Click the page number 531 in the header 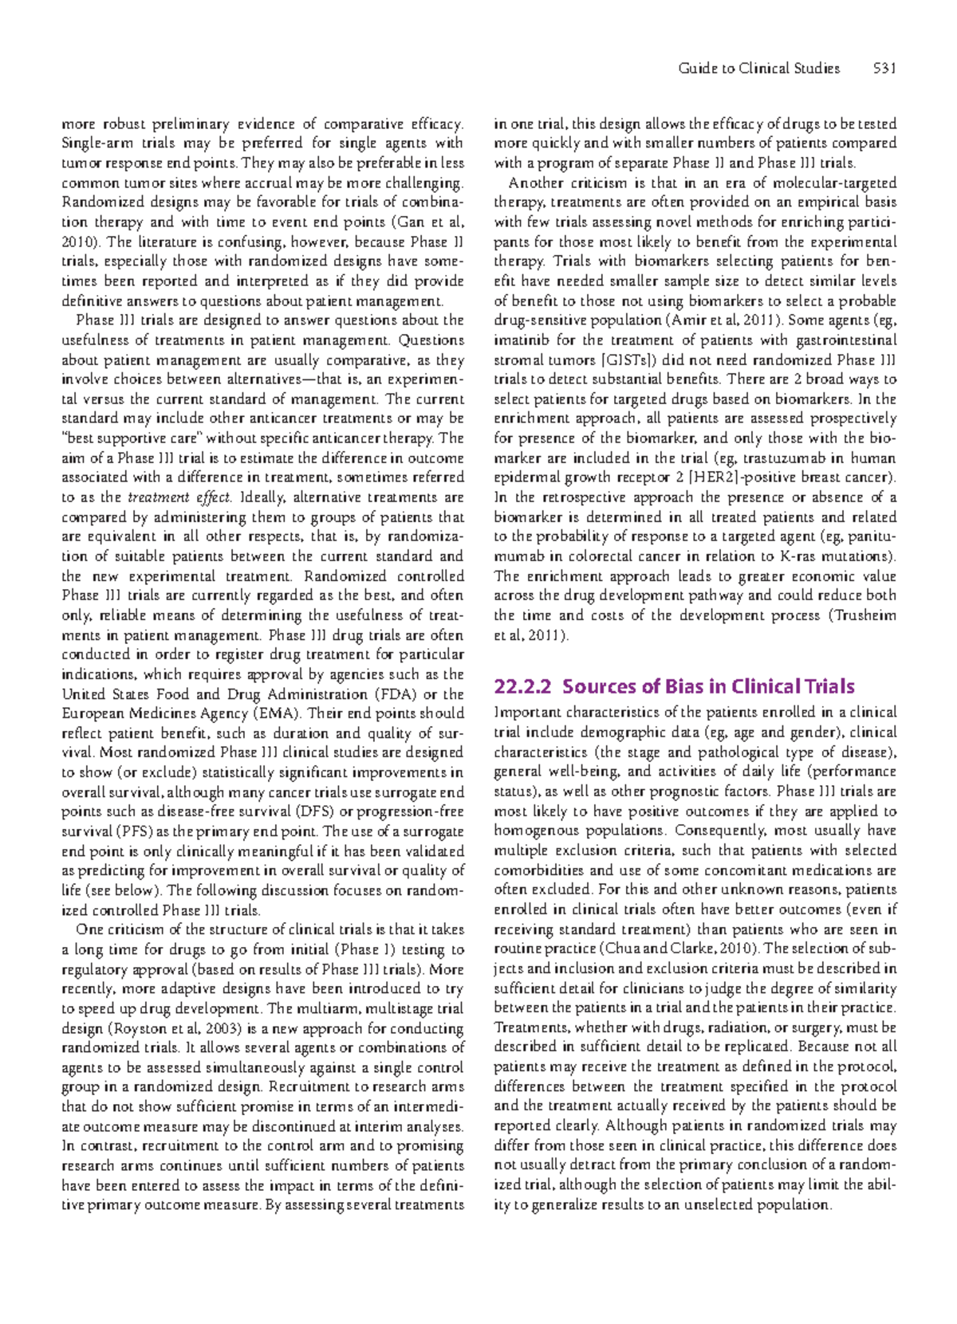click(884, 69)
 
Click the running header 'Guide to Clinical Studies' click(758, 69)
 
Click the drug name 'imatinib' click(520, 340)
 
